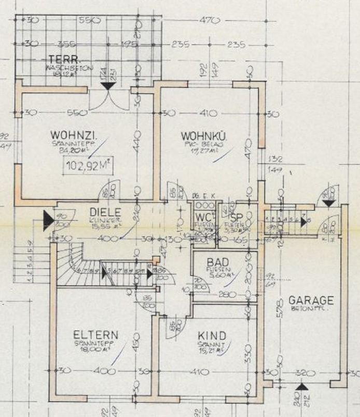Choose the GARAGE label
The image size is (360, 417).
click(x=311, y=301)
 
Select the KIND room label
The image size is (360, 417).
click(x=209, y=336)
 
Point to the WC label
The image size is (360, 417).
click(x=201, y=216)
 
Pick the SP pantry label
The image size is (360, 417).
click(x=237, y=217)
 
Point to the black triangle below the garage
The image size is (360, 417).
click(x=301, y=387)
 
